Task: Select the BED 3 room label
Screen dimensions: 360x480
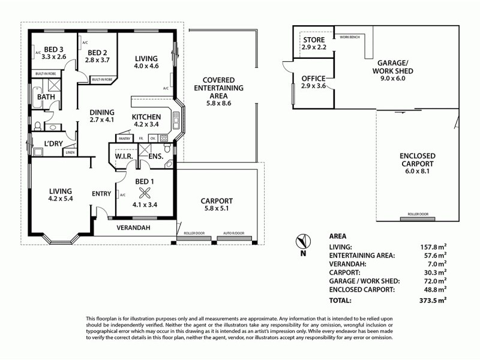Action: pyautogui.click(x=53, y=49)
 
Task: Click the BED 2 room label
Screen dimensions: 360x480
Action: pyautogui.click(x=96, y=52)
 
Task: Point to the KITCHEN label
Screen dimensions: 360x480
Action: pyautogui.click(x=146, y=116)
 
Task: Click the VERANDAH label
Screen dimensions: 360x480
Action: pyautogui.click(x=133, y=228)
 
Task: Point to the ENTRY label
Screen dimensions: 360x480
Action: pyautogui.click(x=101, y=193)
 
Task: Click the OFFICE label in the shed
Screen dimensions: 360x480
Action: pyautogui.click(x=313, y=79)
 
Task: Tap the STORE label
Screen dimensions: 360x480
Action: pyautogui.click(x=313, y=40)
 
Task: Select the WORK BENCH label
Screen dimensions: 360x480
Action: pyautogui.click(x=350, y=37)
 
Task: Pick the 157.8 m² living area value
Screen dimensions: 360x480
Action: pyautogui.click(x=434, y=247)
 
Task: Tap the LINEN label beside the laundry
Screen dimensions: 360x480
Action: pyautogui.click(x=70, y=152)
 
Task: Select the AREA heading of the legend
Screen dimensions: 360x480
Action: pyautogui.click(x=338, y=236)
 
